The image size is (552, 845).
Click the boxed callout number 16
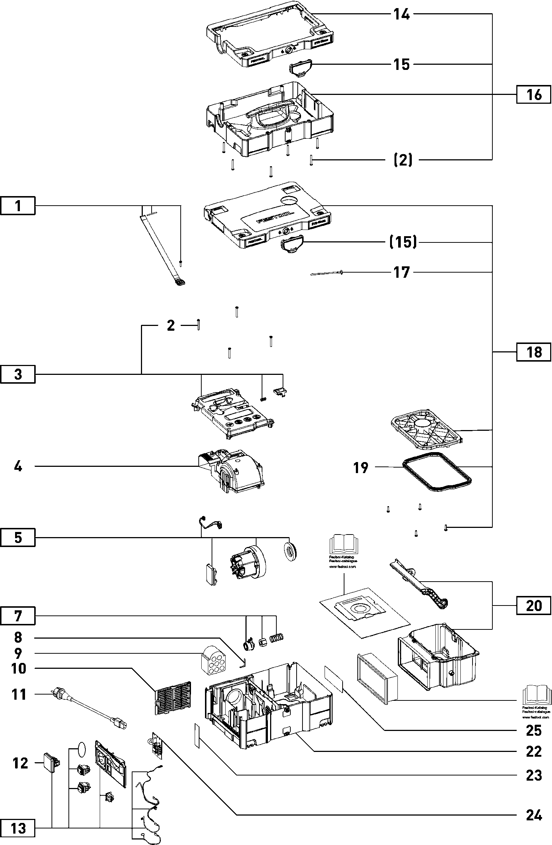point(534,95)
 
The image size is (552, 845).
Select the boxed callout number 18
point(534,352)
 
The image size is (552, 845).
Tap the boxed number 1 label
point(18,206)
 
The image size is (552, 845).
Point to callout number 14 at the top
point(401,15)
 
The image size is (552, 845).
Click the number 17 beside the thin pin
point(401,272)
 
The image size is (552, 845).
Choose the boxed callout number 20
point(534,605)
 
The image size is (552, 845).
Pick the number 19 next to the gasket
point(361,468)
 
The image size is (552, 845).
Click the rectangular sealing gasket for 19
point(436,472)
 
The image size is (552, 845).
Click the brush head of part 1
point(180,283)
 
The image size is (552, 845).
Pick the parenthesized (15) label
point(403,242)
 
